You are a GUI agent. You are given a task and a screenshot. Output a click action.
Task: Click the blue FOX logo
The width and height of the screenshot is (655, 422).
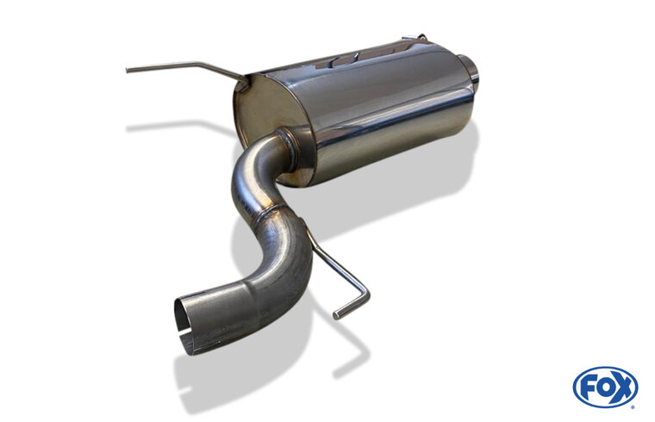pos(605,387)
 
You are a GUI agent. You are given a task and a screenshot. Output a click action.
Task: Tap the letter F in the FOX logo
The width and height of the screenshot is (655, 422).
pos(587,388)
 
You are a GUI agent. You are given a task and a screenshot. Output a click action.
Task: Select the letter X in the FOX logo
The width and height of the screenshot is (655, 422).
pos(621,388)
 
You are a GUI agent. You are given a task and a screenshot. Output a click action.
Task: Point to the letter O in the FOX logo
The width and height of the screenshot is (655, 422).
pos(604,388)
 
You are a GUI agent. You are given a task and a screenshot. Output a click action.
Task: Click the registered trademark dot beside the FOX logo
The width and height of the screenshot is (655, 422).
pos(633,406)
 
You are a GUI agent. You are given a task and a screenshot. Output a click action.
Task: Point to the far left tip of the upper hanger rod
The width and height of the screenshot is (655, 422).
pos(128,70)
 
